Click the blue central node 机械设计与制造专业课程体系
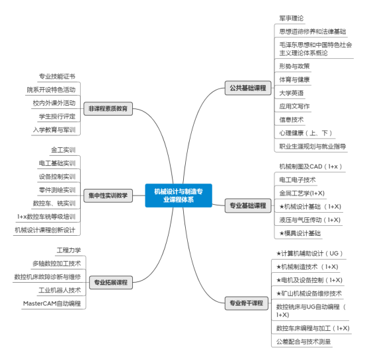click(x=179, y=196)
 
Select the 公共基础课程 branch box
click(x=248, y=88)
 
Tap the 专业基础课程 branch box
click(x=248, y=205)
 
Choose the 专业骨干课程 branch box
click(x=247, y=303)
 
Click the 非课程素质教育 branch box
click(x=108, y=109)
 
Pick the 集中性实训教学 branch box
click(x=108, y=196)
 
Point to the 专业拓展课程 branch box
click(x=111, y=283)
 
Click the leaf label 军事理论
click(x=292, y=18)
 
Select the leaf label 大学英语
click(x=292, y=93)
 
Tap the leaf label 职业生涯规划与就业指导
click(x=313, y=147)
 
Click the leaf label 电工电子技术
click(x=298, y=180)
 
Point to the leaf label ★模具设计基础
click(x=300, y=233)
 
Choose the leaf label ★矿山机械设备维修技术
click(x=309, y=293)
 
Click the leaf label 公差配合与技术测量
click(x=304, y=342)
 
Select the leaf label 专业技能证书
click(x=57, y=77)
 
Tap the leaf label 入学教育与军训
click(x=54, y=129)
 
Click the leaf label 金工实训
click(x=63, y=150)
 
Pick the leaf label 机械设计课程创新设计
click(x=45, y=230)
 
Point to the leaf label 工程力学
click(x=69, y=250)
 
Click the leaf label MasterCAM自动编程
click(x=52, y=304)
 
